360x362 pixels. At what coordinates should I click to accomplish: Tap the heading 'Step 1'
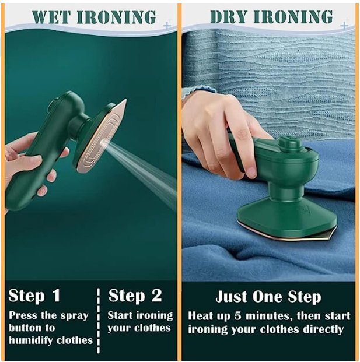[34, 296]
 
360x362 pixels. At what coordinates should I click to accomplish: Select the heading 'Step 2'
[135, 296]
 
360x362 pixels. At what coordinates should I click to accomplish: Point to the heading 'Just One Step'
[268, 296]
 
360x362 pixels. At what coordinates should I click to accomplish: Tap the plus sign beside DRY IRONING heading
[345, 26]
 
